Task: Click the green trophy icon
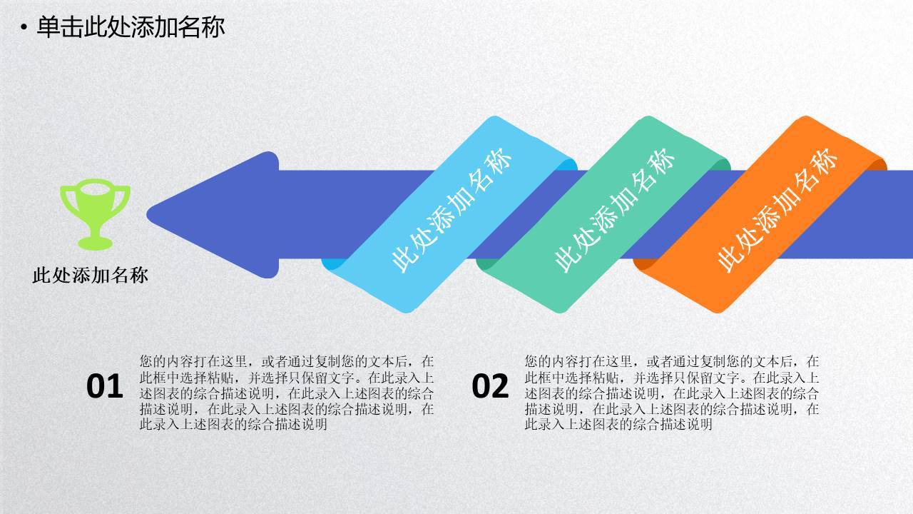[95, 212]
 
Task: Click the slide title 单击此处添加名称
[131, 27]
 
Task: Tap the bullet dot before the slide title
[24, 29]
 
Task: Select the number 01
[105, 386]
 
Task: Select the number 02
[490, 386]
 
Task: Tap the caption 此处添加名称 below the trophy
[91, 276]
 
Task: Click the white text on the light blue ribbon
[452, 210]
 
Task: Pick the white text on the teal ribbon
[614, 210]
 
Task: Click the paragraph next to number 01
[287, 393]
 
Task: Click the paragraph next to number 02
[672, 393]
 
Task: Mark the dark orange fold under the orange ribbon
[641, 263]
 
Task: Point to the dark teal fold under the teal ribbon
[485, 264]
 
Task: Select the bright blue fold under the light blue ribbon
[330, 263]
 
